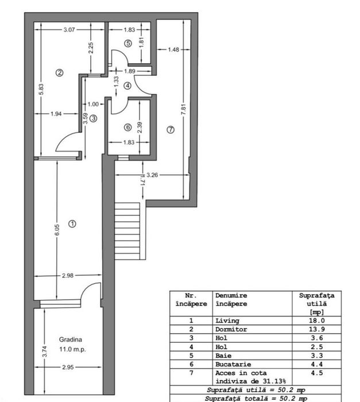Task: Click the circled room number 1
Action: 72,224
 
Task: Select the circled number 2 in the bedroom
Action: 59,72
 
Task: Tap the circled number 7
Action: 170,130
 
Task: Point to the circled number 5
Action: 127,42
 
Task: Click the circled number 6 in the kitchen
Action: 127,127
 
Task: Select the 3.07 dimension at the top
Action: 69,29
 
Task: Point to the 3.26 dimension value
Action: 153,175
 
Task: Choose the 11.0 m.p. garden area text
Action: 71,349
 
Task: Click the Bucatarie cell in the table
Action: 233,364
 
